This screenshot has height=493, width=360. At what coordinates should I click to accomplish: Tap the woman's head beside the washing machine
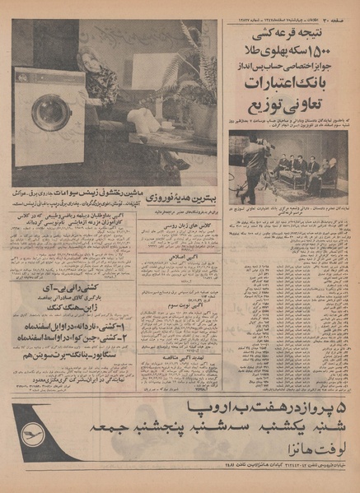pos(90,59)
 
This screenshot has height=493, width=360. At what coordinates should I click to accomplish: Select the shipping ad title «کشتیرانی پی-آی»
pos(66,292)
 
